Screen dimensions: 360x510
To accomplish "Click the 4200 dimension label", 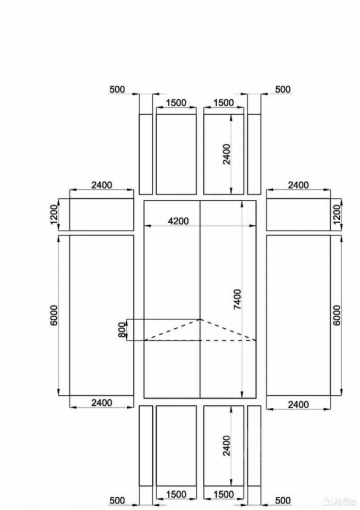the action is pos(178,221).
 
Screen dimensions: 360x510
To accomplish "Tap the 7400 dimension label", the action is pos(238,299).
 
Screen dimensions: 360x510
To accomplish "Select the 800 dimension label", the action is pos(122,330).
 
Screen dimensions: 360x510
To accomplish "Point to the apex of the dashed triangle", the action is pos(200,319).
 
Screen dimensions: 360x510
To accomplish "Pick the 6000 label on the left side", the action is pos(54,315).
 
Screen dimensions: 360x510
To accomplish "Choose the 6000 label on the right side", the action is pos(337,315).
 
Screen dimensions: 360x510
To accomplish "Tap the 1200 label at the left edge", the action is pos(54,214).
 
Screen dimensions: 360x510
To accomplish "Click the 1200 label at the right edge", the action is pos(337,214).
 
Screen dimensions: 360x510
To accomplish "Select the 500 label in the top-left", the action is pos(117,89).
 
